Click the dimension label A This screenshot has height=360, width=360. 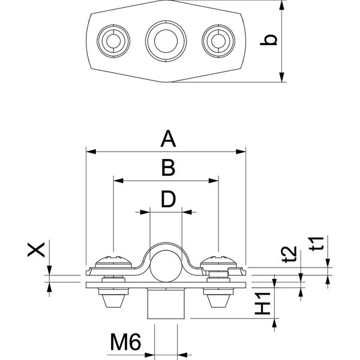tap(168, 139)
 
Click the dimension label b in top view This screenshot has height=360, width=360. tap(271, 40)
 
